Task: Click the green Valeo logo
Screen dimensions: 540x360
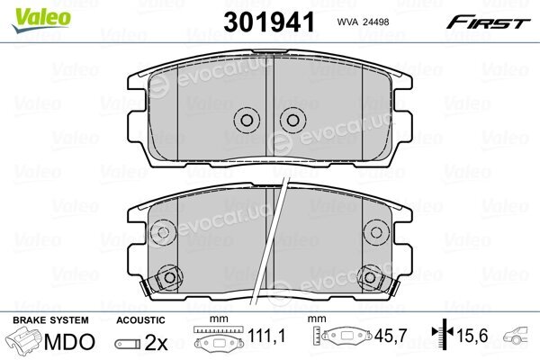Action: [41, 19]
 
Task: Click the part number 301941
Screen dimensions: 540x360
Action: [269, 22]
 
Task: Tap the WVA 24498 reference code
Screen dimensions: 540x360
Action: [363, 22]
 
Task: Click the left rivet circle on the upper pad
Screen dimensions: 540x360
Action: [247, 121]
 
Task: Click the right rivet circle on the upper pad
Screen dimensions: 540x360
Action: [292, 121]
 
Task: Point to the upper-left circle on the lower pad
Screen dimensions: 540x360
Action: [163, 232]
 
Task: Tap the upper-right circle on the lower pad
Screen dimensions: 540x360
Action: [376, 232]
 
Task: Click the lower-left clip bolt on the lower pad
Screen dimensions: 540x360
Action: [169, 277]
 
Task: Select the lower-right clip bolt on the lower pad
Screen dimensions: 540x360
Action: [370, 277]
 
